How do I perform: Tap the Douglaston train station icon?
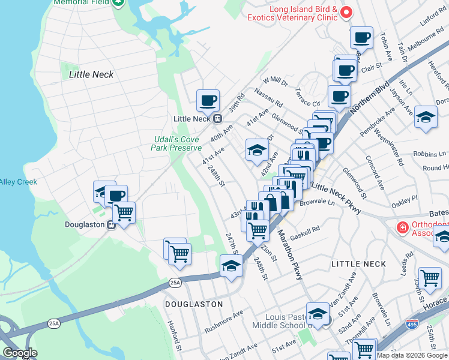[x=111, y=225]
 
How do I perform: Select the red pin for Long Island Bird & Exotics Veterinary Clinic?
[x=346, y=11]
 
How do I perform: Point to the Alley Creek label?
[x=18, y=182]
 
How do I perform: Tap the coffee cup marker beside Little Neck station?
[x=208, y=101]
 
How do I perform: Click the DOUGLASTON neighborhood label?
[x=194, y=304]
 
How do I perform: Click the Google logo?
[x=20, y=353]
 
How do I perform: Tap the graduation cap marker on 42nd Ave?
[x=257, y=151]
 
